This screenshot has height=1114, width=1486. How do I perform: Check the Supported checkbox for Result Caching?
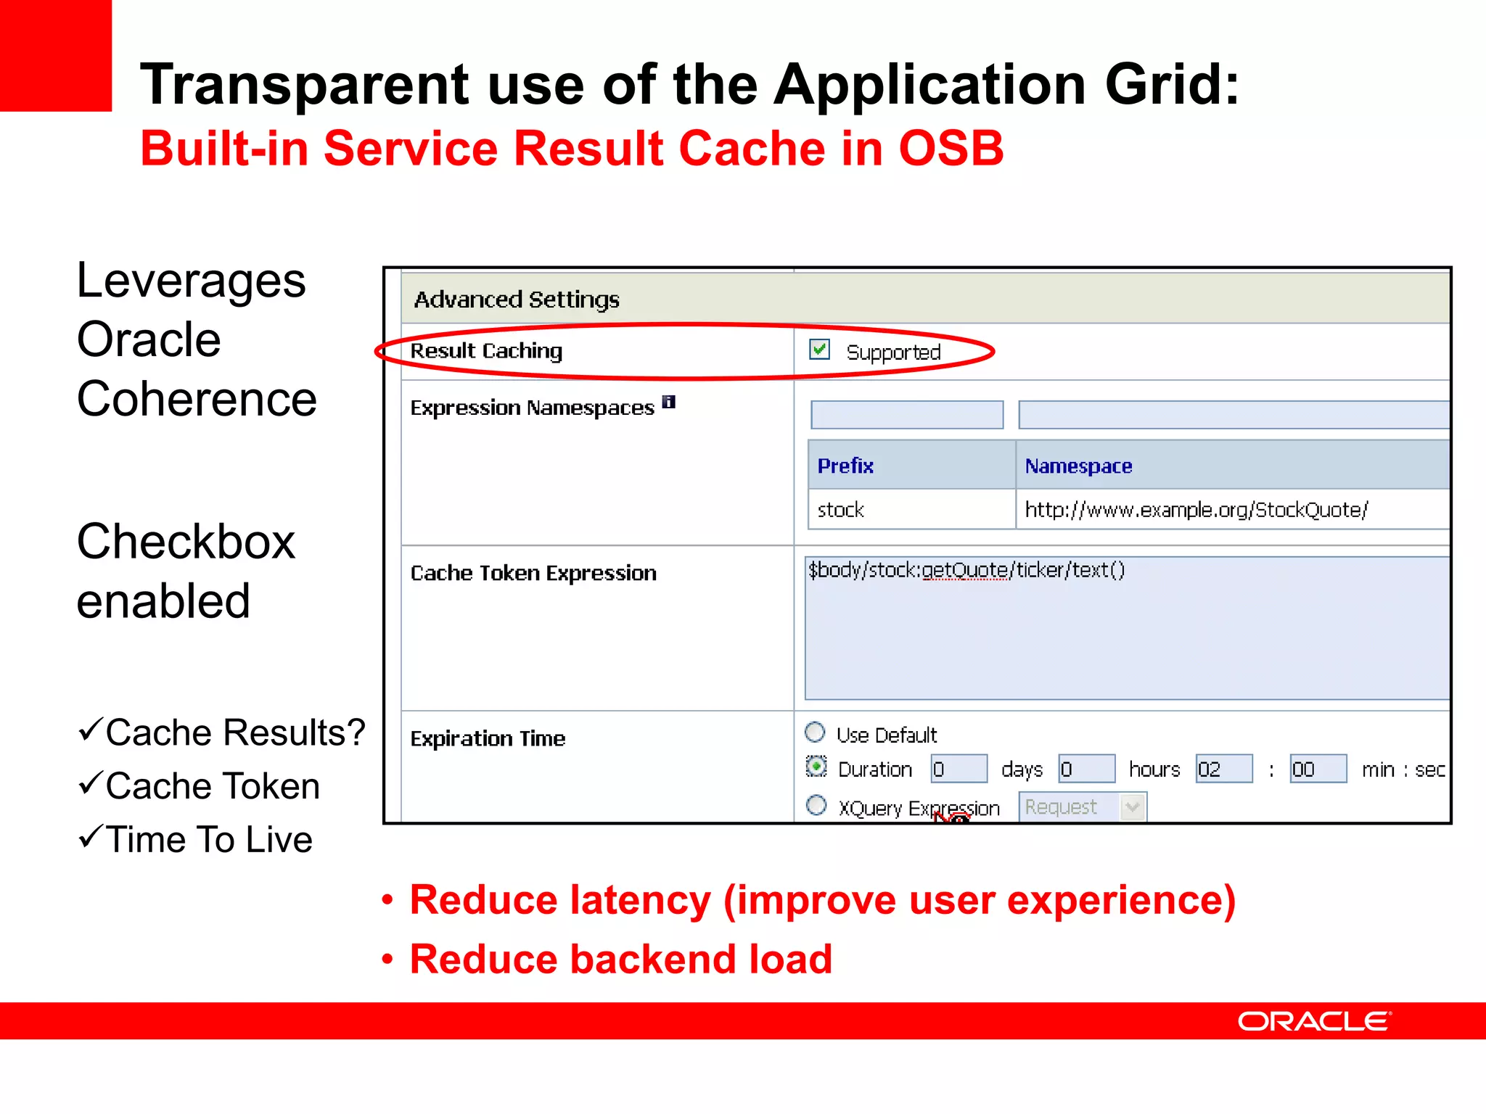pyautogui.click(x=819, y=350)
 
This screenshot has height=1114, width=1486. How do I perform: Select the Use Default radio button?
pyautogui.click(x=815, y=733)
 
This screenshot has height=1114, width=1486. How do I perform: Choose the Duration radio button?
pyautogui.click(x=816, y=767)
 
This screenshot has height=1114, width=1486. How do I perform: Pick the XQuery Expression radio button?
pyautogui.click(x=816, y=805)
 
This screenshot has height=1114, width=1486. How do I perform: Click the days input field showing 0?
pyautogui.click(x=958, y=769)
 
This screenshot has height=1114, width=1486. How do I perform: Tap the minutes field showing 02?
pyautogui.click(x=1223, y=769)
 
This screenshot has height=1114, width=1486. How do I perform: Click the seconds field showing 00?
pyautogui.click(x=1317, y=769)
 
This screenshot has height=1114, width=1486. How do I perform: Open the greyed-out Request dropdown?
pyautogui.click(x=1082, y=807)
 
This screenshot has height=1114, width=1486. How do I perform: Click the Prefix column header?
pyautogui.click(x=845, y=466)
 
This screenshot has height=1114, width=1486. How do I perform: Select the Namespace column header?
pyautogui.click(x=1078, y=466)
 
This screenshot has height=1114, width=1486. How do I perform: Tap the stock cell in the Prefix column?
pyautogui.click(x=840, y=510)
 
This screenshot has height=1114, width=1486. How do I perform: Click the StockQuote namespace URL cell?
pyautogui.click(x=1196, y=510)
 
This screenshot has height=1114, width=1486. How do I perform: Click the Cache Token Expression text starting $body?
pyautogui.click(x=966, y=570)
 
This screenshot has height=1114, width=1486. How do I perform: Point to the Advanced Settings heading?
pyautogui.click(x=516, y=299)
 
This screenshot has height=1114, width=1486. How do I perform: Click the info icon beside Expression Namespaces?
pyautogui.click(x=669, y=402)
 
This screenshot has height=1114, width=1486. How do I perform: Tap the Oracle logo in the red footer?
pyautogui.click(x=1314, y=1021)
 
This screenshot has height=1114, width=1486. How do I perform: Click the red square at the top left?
pyautogui.click(x=55, y=55)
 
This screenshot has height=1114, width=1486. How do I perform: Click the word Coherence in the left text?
pyautogui.click(x=197, y=399)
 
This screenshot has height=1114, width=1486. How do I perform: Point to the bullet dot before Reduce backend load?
pyautogui.click(x=387, y=960)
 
